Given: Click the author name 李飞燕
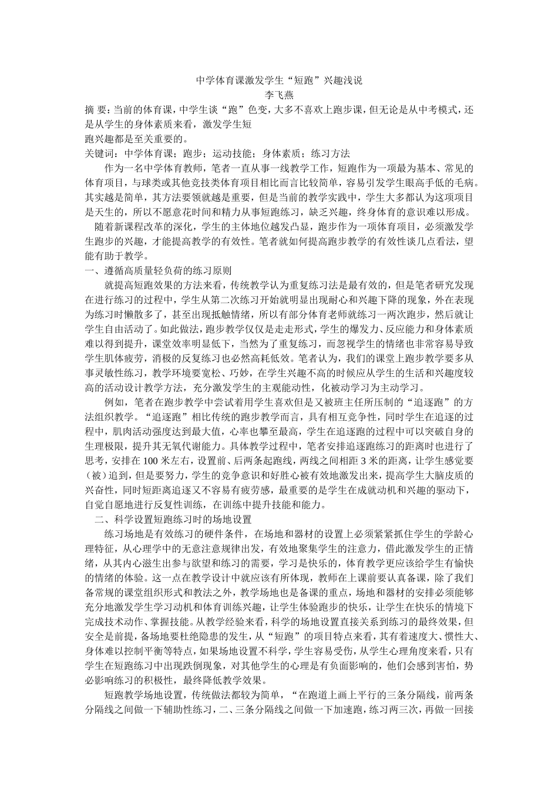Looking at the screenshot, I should (279, 93).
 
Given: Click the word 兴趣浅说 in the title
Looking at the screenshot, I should (342, 80).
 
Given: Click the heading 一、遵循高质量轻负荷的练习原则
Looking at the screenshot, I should (159, 271).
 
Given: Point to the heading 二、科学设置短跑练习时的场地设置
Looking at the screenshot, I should (173, 520).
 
